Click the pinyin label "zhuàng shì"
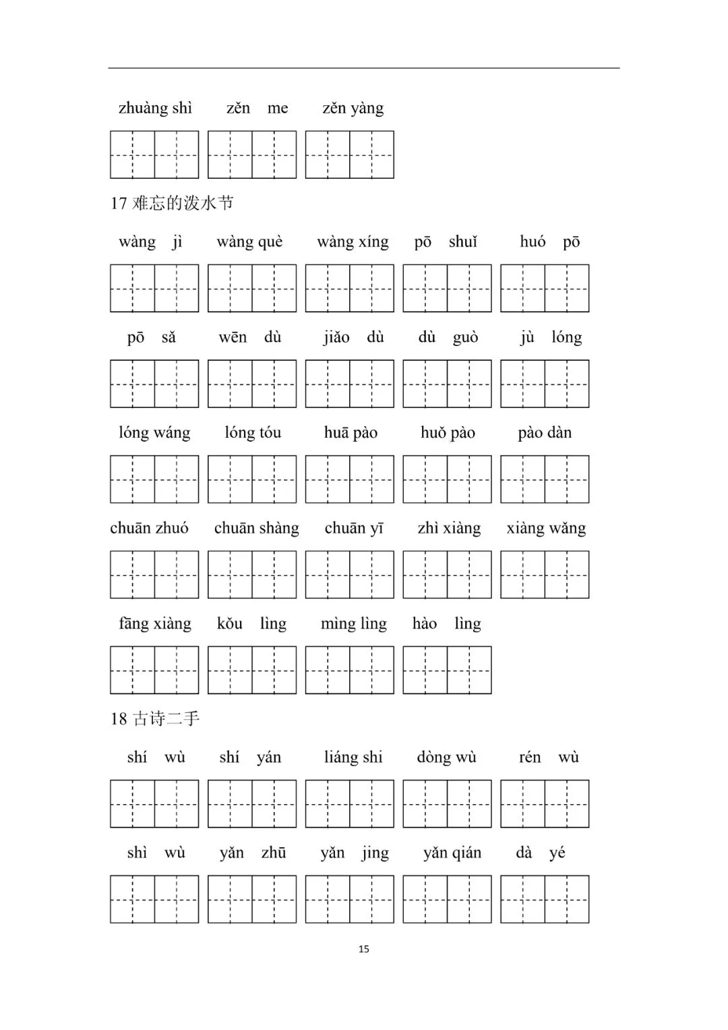tap(155, 109)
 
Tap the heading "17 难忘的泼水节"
tap(172, 203)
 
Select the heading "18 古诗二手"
tap(155, 719)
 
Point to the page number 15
tap(364, 949)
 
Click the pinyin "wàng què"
tap(249, 242)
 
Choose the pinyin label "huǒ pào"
tap(448, 433)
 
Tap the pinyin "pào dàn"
tap(545, 433)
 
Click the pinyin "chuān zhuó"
tap(149, 528)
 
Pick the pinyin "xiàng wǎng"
tap(546, 528)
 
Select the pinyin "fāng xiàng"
tap(155, 624)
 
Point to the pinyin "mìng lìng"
tap(354, 624)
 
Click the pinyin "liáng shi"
tap(353, 757)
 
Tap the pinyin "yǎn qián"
tap(452, 853)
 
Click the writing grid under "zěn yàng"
tap(349, 155)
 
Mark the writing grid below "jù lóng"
tap(545, 384)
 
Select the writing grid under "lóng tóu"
tap(252, 480)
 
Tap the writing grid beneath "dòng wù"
tap(447, 804)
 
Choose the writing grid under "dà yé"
tap(545, 899)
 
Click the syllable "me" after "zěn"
tap(278, 109)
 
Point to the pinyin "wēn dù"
tap(249, 337)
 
